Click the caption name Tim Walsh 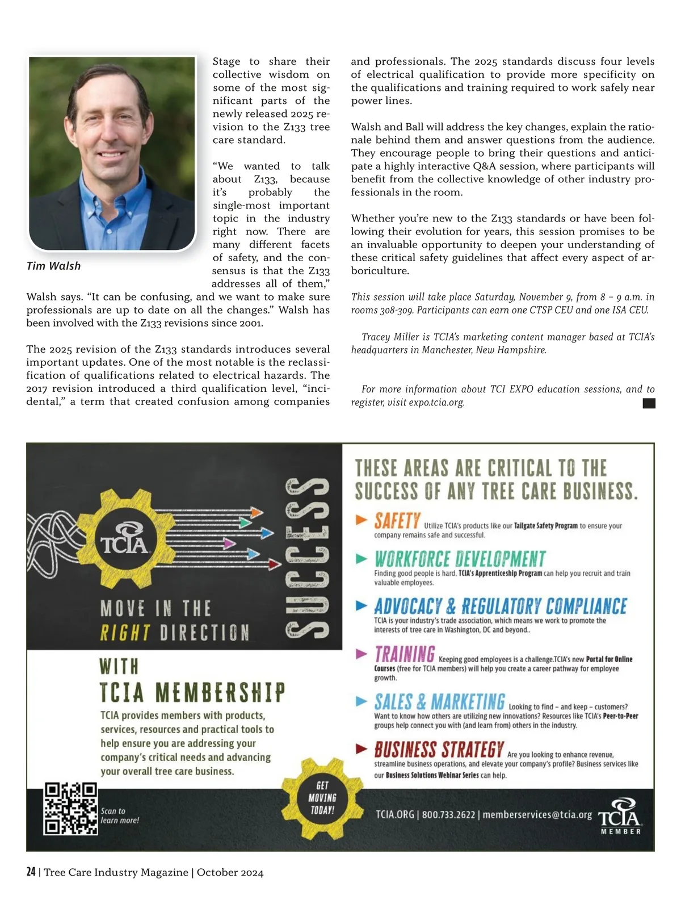54,266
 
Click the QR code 71,809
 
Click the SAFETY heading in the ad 397,520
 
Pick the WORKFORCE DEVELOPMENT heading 460,559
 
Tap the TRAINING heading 405,654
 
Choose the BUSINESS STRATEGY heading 439,750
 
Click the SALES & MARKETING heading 439,702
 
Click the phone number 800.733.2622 448,815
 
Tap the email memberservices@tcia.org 537,815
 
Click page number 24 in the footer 31,872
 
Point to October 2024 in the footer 230,873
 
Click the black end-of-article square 649,403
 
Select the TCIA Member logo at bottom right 620,815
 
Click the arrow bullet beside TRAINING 361,654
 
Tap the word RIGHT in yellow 125,633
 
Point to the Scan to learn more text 120,815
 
